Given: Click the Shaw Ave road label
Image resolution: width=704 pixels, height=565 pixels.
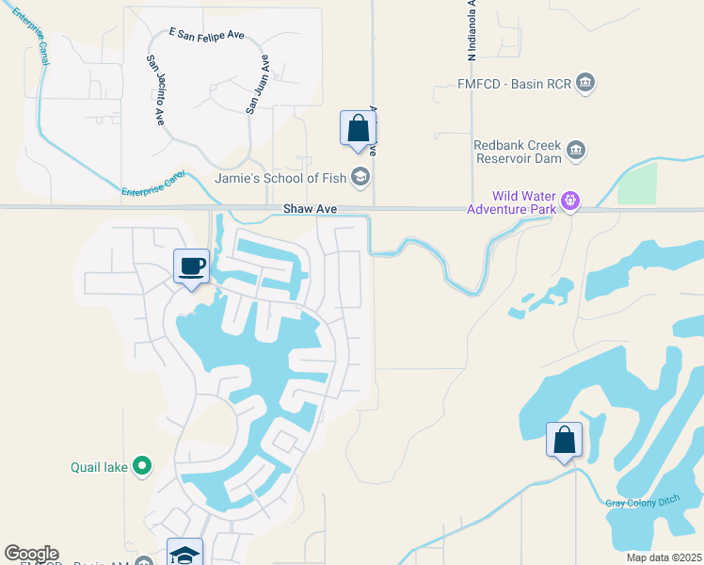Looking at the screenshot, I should (x=312, y=209).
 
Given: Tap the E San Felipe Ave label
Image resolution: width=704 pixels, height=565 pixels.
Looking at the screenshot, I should (x=207, y=35).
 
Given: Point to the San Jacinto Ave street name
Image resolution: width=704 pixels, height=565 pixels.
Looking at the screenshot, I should (x=155, y=90).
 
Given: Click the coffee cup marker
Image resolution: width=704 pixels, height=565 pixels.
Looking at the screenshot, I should (x=192, y=266).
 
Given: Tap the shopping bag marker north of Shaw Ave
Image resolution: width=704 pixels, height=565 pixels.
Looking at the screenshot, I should (x=359, y=129).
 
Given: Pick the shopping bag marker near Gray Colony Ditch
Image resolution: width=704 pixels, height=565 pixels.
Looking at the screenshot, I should (x=564, y=440).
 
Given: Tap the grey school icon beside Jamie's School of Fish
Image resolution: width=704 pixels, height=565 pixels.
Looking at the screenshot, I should (x=360, y=176).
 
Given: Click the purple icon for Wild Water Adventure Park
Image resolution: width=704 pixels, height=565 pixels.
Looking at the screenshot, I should (x=568, y=200).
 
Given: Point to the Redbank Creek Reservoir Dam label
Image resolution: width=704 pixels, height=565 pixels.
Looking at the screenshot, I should (x=517, y=153).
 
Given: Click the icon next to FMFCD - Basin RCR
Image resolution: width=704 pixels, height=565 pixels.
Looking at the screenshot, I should (x=585, y=82).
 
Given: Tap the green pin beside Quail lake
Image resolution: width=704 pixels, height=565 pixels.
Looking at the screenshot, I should (x=141, y=465).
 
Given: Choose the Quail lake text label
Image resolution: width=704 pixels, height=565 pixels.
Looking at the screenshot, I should (x=99, y=466).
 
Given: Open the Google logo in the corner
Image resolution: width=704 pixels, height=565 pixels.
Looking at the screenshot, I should (x=31, y=554).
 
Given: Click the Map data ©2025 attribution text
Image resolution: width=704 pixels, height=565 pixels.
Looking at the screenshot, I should (x=663, y=557).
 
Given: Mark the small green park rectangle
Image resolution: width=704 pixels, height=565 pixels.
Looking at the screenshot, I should (x=637, y=183).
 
